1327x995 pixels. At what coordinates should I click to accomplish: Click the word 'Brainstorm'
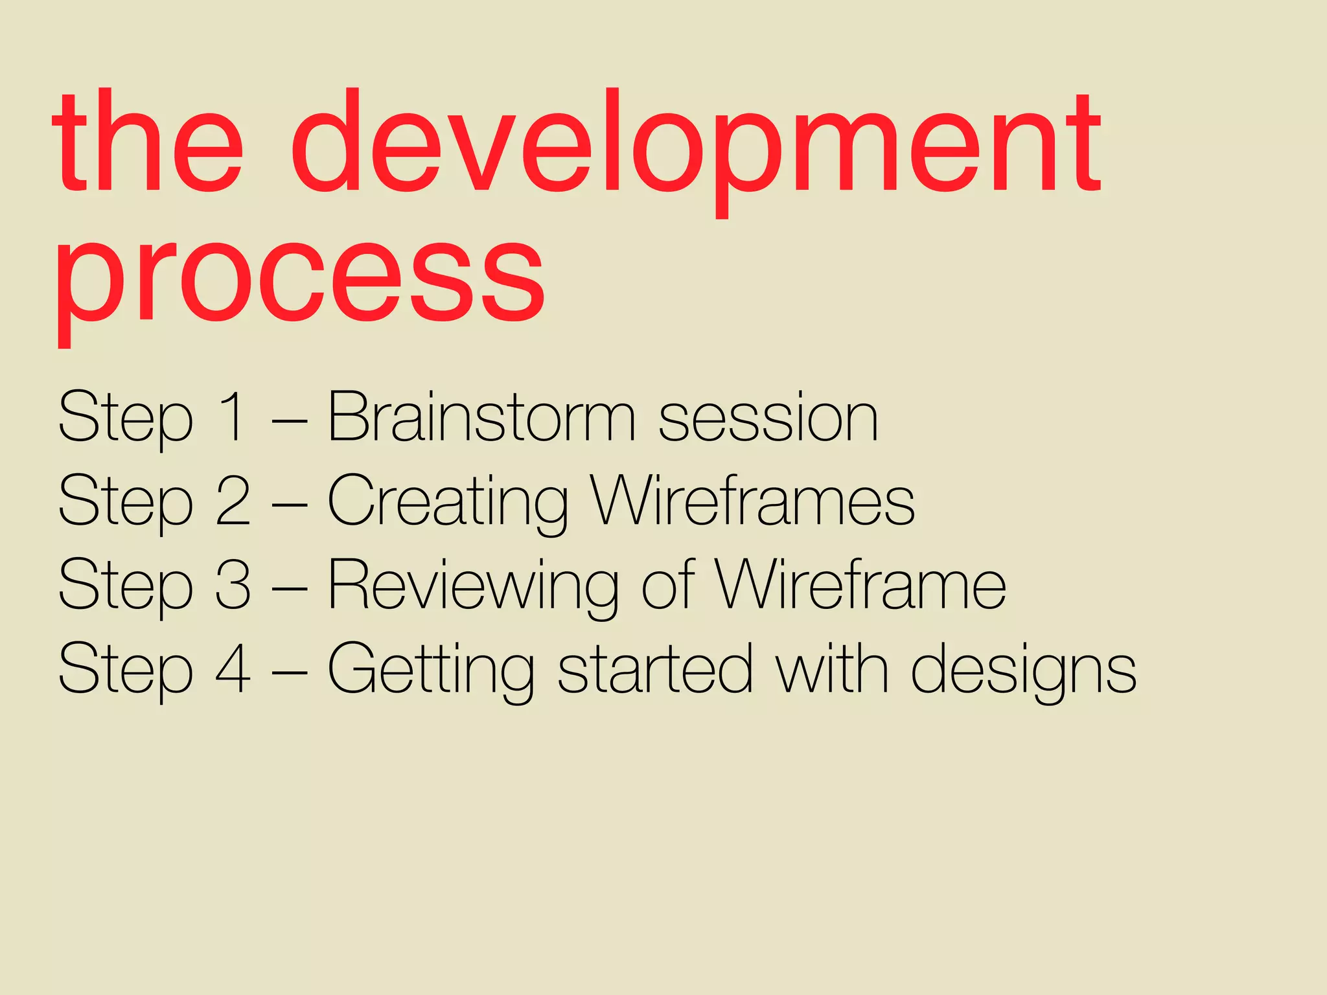pos(481,417)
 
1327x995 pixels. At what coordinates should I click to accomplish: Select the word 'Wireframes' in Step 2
pos(753,501)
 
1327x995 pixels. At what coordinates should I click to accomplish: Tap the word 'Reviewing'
pos(473,586)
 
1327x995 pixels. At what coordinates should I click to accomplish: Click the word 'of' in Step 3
pos(667,584)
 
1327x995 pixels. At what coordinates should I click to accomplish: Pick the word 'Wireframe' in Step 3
pos(860,584)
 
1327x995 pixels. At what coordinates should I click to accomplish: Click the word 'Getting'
pos(431,670)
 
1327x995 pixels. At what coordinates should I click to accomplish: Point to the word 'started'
pos(655,669)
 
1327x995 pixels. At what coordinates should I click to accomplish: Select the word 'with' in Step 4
pos(833,669)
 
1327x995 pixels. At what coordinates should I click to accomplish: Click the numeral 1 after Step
pos(232,417)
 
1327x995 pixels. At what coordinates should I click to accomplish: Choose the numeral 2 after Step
pos(233,501)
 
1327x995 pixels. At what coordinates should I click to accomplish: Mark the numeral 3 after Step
pos(233,584)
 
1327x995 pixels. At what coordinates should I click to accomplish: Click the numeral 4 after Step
pos(233,669)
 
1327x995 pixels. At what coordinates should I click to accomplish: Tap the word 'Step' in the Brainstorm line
pos(126,418)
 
